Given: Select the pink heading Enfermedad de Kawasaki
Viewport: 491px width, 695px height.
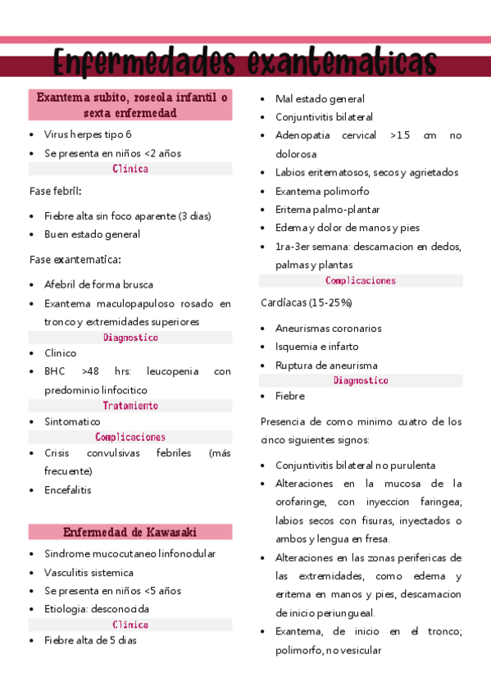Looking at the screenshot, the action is (130, 532).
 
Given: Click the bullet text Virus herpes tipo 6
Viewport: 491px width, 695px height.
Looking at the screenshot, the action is (88, 134).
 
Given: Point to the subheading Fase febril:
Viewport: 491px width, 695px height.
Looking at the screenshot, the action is (56, 191).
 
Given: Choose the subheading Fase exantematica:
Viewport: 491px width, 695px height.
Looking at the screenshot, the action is (75, 260).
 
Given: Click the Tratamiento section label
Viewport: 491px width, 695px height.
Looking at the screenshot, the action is (130, 406).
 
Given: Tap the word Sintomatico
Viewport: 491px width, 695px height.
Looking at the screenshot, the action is (72, 421).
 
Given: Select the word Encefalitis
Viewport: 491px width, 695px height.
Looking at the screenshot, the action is (68, 490).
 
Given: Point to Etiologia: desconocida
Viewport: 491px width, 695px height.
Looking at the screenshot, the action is (97, 609).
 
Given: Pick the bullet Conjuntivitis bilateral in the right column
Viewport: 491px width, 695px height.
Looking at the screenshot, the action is (324, 117).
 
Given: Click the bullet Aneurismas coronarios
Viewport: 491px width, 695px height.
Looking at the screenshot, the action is (328, 329).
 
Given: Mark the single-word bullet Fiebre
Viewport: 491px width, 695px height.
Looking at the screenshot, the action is (290, 396).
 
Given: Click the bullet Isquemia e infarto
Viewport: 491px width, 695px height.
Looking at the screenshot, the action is (316, 347).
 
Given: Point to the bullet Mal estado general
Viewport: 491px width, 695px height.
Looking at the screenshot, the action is (320, 98).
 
